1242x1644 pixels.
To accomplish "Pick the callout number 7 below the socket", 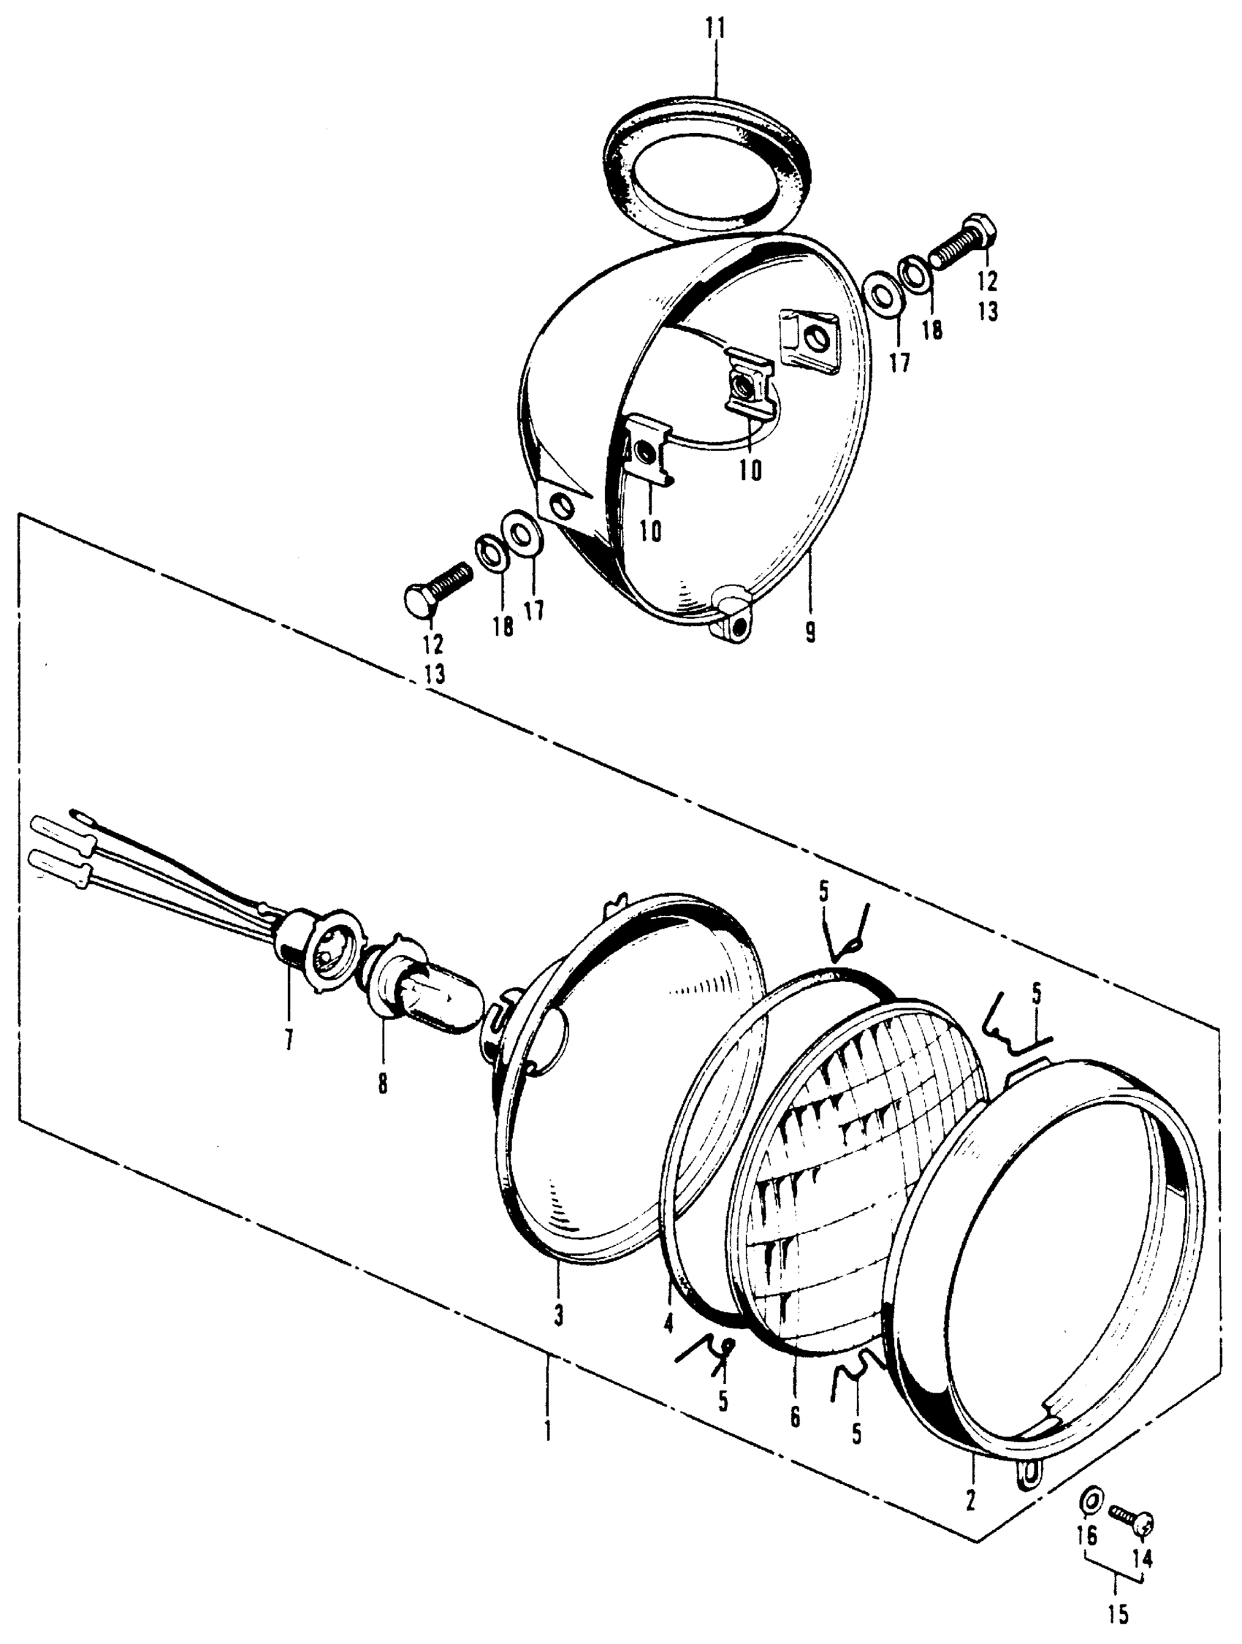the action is (288, 1039).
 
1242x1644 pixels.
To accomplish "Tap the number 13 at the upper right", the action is (988, 311).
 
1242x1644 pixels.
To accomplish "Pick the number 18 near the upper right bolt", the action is (932, 330).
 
